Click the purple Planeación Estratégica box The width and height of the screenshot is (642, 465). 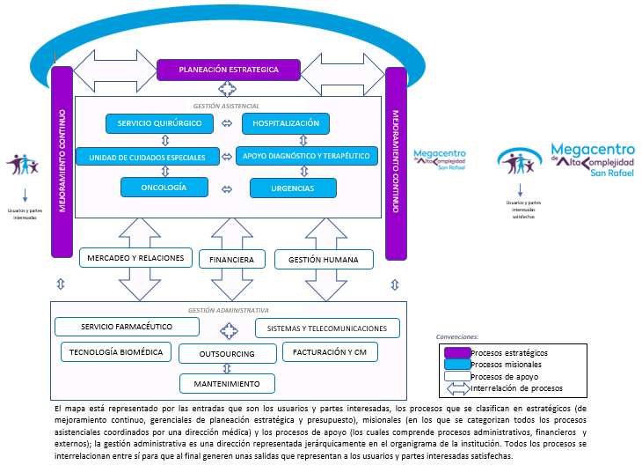[228, 69]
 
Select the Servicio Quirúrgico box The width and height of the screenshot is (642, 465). [159, 123]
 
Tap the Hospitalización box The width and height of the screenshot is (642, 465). [285, 122]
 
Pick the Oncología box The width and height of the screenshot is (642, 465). [164, 187]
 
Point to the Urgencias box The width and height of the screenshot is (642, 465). [293, 188]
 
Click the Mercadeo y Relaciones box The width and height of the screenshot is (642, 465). [136, 257]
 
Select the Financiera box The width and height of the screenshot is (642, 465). [232, 260]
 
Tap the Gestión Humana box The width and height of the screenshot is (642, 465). [324, 259]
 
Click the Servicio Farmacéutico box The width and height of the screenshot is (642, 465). [127, 327]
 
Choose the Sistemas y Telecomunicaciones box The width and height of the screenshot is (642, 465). [327, 328]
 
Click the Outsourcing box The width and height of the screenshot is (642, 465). [228, 354]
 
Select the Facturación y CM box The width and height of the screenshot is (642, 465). [330, 352]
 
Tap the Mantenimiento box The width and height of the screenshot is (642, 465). [228, 384]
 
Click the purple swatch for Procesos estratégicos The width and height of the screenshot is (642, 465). [456, 352]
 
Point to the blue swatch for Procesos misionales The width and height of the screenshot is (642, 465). [456, 365]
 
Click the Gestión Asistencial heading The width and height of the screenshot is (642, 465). [228, 104]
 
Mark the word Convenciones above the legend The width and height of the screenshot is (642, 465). [457, 336]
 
